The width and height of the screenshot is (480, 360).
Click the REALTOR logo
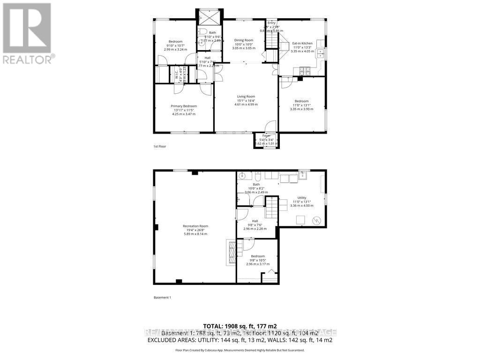pyautogui.click(x=27, y=33)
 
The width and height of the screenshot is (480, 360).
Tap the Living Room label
pyautogui.click(x=246, y=97)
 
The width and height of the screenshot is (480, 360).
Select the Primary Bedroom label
pyautogui.click(x=183, y=106)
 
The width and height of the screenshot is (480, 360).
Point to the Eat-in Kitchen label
pyautogui.click(x=302, y=43)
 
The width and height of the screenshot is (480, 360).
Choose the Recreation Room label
pyautogui.click(x=195, y=226)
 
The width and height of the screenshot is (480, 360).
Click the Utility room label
pyautogui.click(x=302, y=198)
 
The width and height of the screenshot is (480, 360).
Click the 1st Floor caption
pyautogui.click(x=159, y=146)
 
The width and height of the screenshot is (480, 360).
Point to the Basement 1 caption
pyautogui.click(x=162, y=297)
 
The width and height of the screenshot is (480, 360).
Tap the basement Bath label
pyautogui.click(x=256, y=185)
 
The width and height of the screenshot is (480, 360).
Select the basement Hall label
pyautogui.click(x=255, y=221)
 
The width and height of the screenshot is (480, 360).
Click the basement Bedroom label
pyautogui.click(x=257, y=256)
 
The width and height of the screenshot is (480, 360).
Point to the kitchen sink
pyautogui.click(x=321, y=53)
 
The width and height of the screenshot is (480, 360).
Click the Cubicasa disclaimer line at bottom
pyautogui.click(x=240, y=350)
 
